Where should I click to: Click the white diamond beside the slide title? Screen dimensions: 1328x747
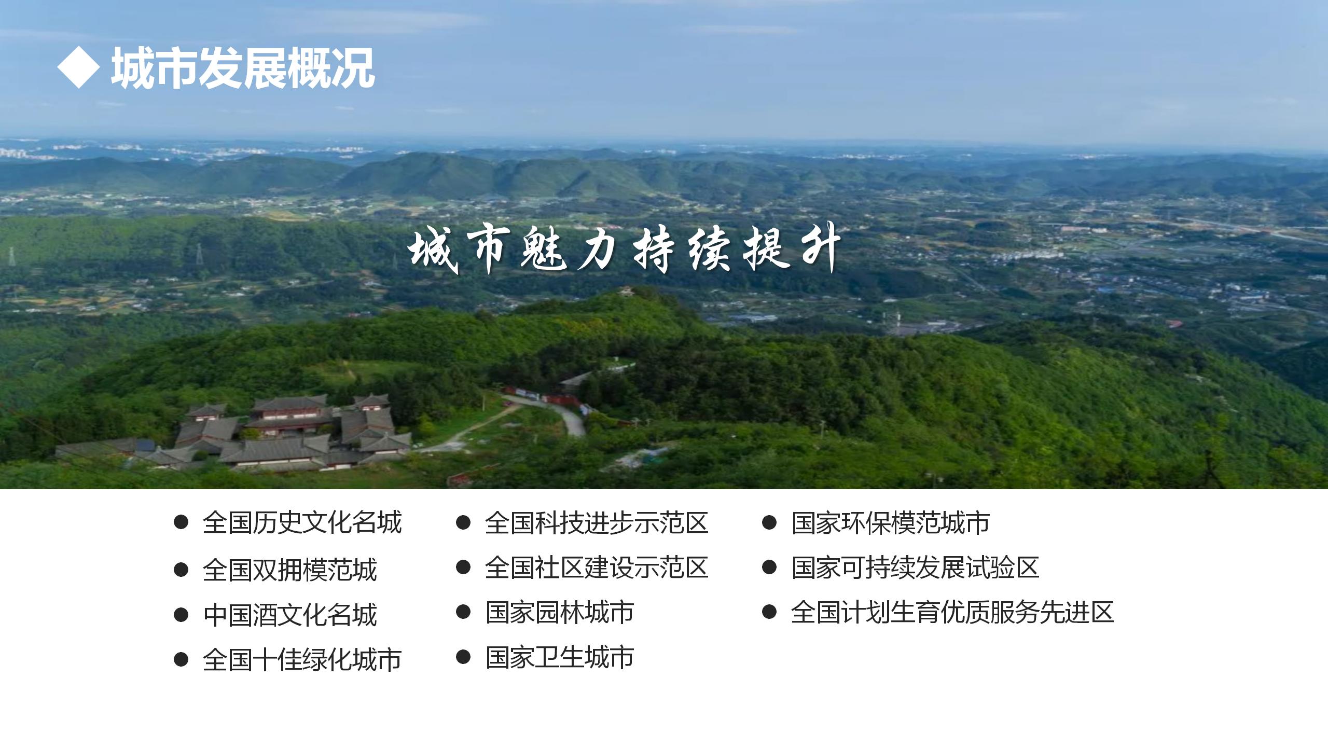coord(78,67)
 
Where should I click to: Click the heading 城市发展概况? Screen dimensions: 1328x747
coord(243,67)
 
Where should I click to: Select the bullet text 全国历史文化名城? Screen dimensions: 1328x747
coord(302,522)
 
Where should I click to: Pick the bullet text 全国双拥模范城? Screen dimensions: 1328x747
coord(289,570)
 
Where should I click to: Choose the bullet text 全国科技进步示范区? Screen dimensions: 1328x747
coord(597,522)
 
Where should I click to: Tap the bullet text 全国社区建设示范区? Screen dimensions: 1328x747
coord(597,568)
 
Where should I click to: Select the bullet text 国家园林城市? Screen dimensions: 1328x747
coord(559,612)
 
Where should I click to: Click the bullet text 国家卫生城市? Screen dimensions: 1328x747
coord(559,657)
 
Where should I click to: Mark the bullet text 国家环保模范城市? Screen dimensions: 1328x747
coord(890,522)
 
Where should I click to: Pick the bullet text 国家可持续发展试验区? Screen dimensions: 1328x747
coord(915,568)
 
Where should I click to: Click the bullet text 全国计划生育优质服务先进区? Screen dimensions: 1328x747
coord(952,612)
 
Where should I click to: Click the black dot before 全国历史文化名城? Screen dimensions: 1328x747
coord(181,522)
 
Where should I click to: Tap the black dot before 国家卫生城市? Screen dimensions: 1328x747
coord(463,657)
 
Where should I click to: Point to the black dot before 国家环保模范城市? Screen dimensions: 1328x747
coord(769,522)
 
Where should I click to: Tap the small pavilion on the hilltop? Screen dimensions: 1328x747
coord(628,292)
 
